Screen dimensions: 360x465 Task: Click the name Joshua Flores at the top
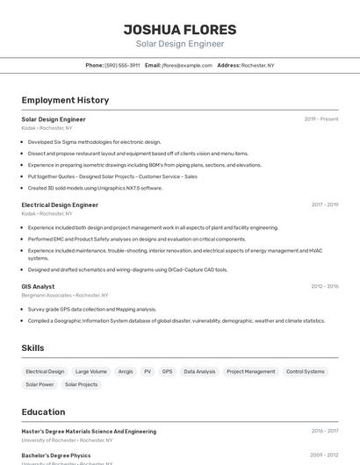coord(179,29)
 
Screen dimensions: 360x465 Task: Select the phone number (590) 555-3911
coord(122,65)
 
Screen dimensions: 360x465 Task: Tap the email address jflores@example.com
coord(187,65)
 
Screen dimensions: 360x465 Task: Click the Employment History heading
coord(65,100)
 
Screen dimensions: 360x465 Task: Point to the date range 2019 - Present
coord(320,119)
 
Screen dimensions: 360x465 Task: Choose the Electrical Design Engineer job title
coord(60,204)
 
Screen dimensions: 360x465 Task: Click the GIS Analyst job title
coord(38,286)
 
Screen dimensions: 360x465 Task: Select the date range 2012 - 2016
coord(324,286)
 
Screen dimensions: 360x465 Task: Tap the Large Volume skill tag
coord(91,371)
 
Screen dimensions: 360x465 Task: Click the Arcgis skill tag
coord(126,371)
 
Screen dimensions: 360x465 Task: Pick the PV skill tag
coord(148,371)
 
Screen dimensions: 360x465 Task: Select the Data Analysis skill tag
coord(199,371)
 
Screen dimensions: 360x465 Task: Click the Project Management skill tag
coord(251,371)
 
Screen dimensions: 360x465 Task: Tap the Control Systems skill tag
coord(305,371)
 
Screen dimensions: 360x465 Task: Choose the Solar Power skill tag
coord(40,384)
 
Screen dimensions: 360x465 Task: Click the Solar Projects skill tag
coord(81,384)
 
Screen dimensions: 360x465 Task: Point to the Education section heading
coord(43,411)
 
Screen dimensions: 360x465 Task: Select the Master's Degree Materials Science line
coord(89,432)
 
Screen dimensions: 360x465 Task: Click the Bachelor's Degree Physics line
coord(55,455)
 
